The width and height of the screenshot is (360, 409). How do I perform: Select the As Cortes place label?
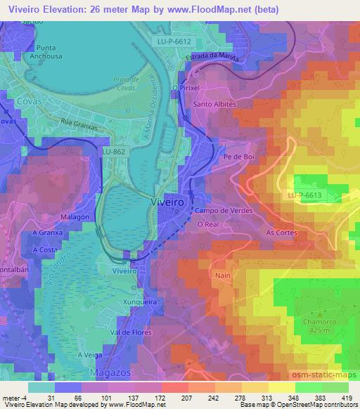pos(281,233)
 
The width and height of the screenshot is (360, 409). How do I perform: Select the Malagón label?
pos(74,218)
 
